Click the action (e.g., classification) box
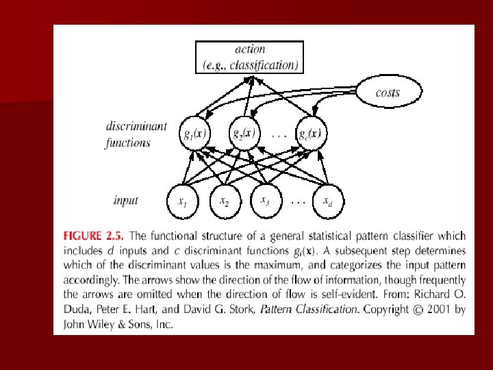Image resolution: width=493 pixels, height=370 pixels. (x=250, y=57)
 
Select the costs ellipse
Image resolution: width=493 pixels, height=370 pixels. (x=388, y=92)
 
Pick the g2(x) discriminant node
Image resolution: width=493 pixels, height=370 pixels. (x=243, y=132)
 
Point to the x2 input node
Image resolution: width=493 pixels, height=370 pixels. (x=224, y=201)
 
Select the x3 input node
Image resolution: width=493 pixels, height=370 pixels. (x=264, y=199)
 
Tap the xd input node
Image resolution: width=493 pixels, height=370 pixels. (x=328, y=201)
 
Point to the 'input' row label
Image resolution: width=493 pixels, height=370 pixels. (x=126, y=200)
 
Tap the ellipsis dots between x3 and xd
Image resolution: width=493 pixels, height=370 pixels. (x=298, y=202)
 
